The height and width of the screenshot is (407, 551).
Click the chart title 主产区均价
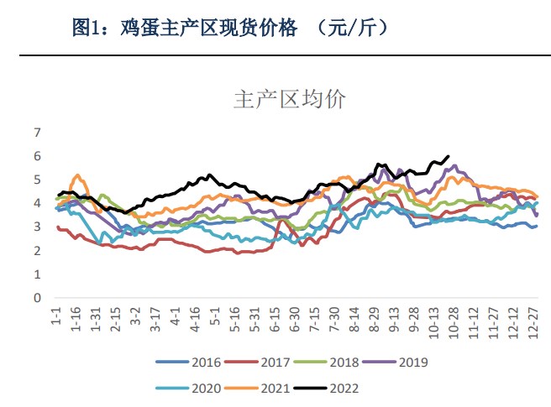[x=289, y=100]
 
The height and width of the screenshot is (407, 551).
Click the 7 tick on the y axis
[x=37, y=133]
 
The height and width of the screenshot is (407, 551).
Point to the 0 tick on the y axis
[x=37, y=298]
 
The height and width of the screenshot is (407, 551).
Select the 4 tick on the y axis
[x=37, y=203]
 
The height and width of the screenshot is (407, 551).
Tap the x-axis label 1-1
[x=57, y=318]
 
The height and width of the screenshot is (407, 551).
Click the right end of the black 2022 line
[x=449, y=156]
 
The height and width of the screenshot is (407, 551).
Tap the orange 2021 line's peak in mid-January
[x=77, y=175]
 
